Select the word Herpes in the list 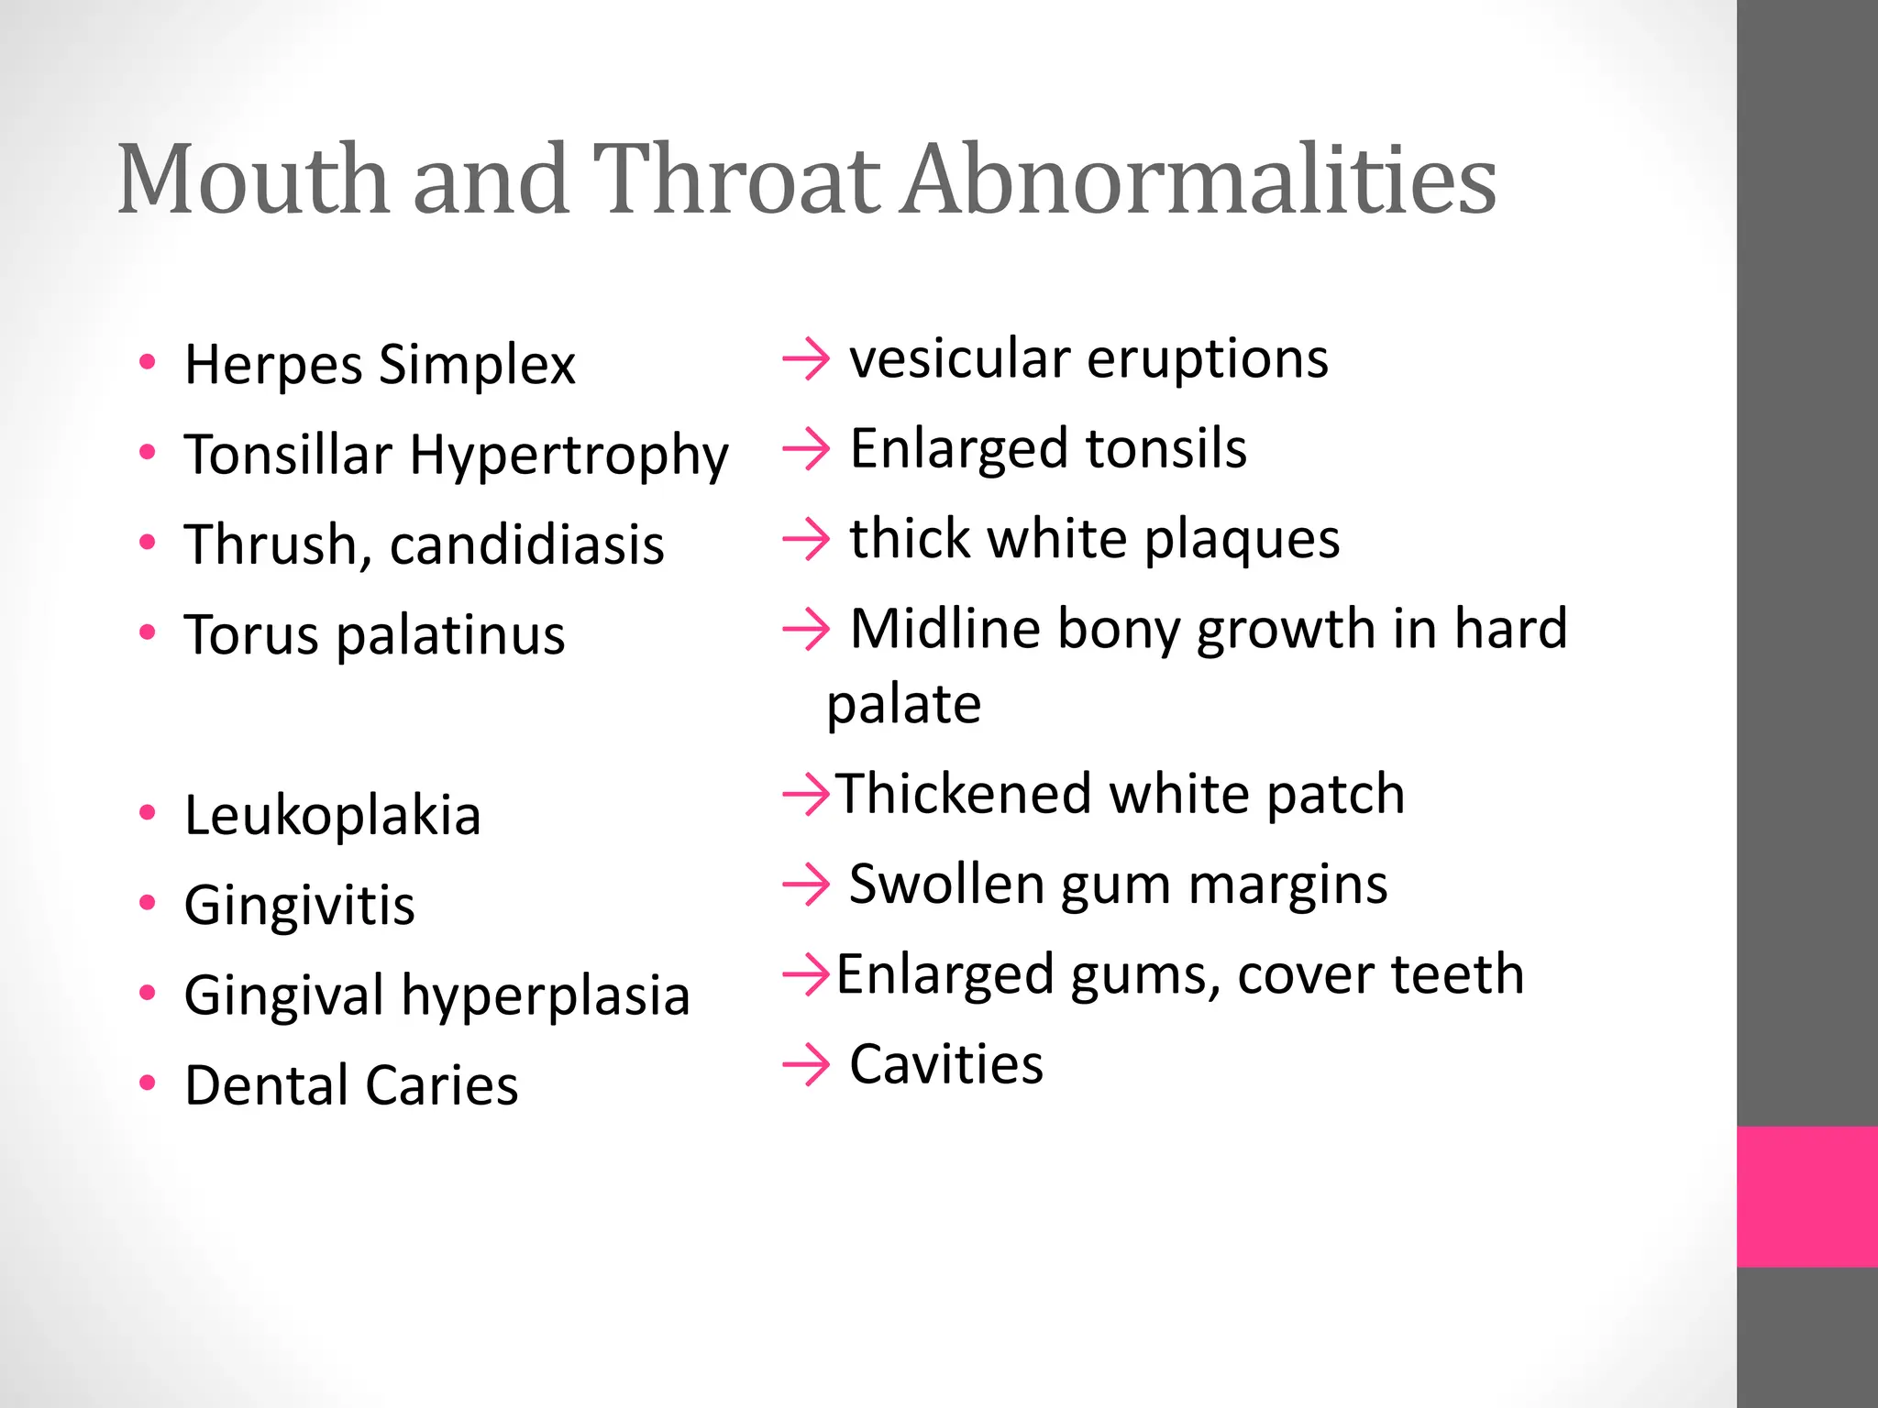point(273,365)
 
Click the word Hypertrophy point(569,456)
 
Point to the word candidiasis point(526,544)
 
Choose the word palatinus point(450,636)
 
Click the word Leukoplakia point(332,815)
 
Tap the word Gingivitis point(299,906)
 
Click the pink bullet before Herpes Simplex point(148,361)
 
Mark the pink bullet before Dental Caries point(148,1083)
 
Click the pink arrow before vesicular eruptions point(806,359)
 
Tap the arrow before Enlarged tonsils point(806,449)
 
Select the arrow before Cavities point(806,1065)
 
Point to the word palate point(903,705)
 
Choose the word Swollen point(946,885)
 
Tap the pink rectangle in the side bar point(1806,1196)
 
